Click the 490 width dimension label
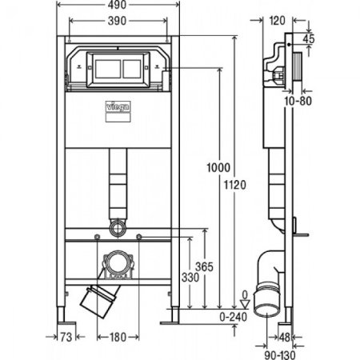coord(117,5)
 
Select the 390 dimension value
coord(117,21)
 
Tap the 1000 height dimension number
coord(218,168)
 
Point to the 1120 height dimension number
coord(234,185)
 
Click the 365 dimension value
coord(204,266)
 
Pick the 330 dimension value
coord(190,278)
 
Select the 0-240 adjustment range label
coord(234,317)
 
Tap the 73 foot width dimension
coord(66,338)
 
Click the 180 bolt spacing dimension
coord(118,338)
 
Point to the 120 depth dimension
coord(278,21)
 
